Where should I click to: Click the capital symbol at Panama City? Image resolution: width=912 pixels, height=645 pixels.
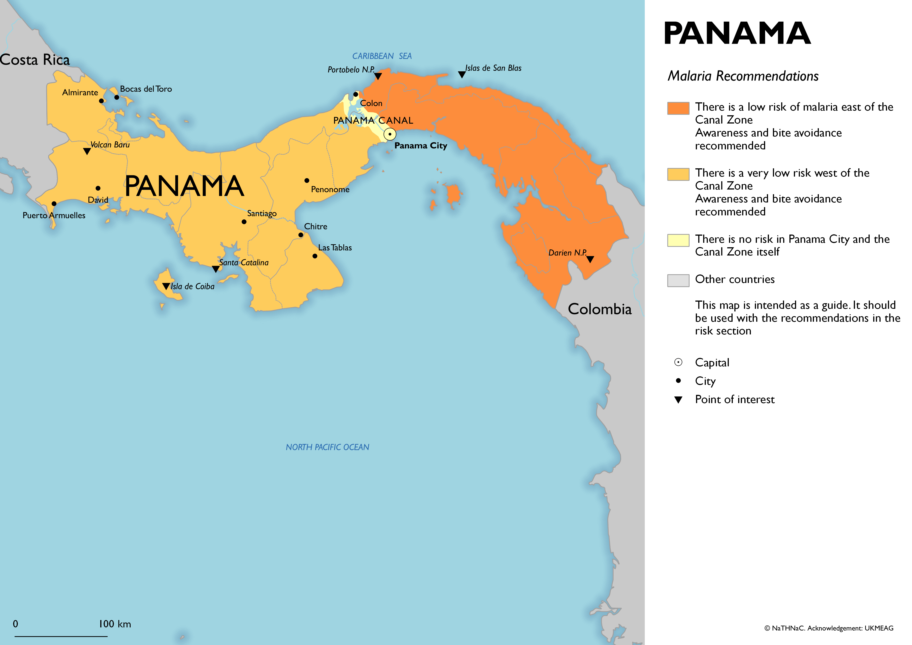click(x=390, y=134)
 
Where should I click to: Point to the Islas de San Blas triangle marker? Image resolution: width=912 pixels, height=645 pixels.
click(x=462, y=74)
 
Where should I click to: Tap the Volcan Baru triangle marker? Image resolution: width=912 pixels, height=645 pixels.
click(x=87, y=151)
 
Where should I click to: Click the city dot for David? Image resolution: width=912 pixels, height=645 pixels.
click(x=98, y=188)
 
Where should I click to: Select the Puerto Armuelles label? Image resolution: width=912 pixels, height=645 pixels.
click(x=54, y=215)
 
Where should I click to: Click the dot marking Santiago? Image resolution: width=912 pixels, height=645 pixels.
click(x=244, y=222)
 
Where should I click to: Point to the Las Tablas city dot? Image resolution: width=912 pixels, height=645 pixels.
click(x=315, y=256)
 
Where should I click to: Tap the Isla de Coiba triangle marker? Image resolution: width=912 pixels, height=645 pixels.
click(x=166, y=286)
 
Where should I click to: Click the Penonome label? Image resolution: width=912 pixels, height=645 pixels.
click(x=330, y=190)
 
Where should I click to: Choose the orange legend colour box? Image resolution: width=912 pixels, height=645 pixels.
click(x=678, y=108)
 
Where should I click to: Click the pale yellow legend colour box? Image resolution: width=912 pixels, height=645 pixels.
click(x=678, y=240)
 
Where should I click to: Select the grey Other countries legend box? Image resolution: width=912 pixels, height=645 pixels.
click(x=678, y=280)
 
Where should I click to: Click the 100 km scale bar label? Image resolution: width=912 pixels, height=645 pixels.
click(x=115, y=624)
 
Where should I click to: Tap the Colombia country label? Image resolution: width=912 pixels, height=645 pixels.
click(x=599, y=309)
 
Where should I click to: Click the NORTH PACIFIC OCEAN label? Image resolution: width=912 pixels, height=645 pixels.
click(x=327, y=447)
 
